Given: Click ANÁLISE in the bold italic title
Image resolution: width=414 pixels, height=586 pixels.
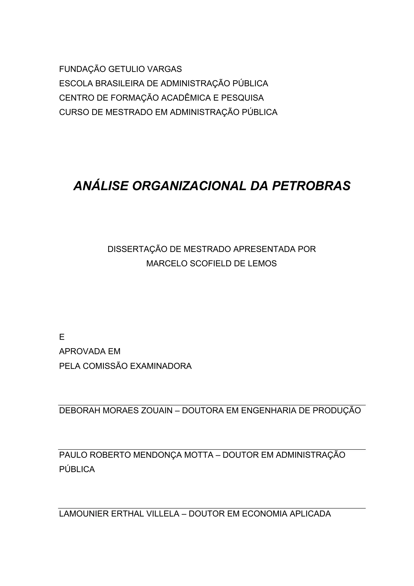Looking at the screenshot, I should [101, 186].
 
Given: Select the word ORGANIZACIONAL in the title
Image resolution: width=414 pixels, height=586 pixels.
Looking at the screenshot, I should [189, 186].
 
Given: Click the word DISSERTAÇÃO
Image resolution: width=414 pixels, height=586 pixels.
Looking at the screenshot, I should [137, 249].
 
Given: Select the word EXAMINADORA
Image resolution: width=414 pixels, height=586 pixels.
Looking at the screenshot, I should [161, 366].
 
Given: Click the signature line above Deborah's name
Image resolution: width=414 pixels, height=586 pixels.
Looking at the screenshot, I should [212, 405].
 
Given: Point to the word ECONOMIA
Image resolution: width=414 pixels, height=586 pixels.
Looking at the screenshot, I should [264, 514].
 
